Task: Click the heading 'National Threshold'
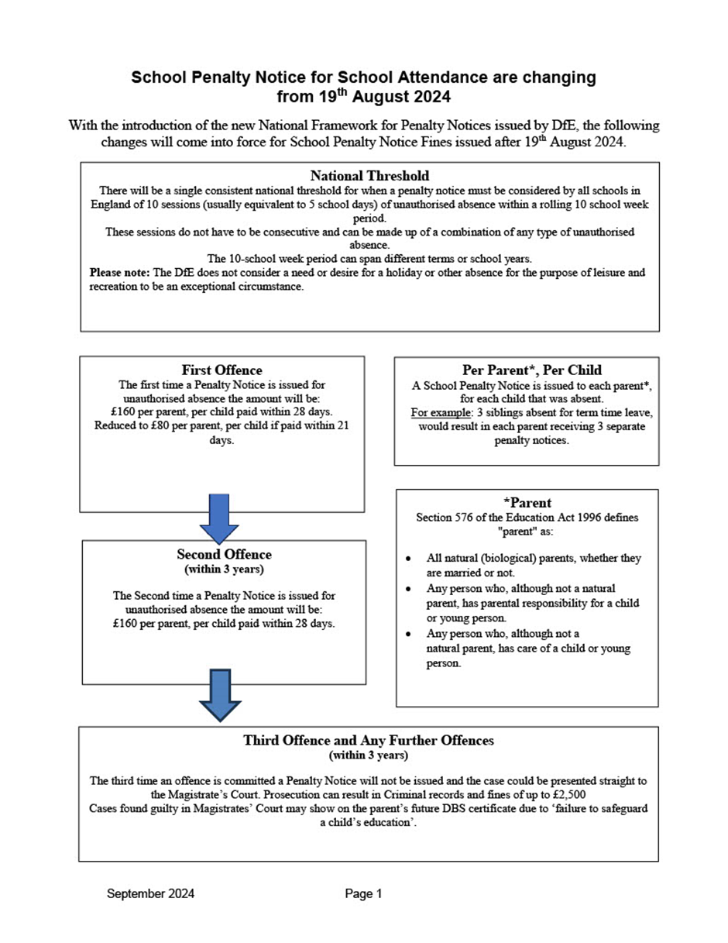click(369, 176)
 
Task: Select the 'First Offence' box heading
click(221, 370)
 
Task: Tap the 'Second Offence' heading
click(224, 555)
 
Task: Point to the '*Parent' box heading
click(527, 502)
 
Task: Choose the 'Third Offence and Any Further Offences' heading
click(369, 740)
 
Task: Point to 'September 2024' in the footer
click(150, 894)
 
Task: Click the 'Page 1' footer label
click(364, 894)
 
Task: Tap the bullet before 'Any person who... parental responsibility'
click(408, 589)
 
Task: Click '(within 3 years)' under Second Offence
click(224, 570)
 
